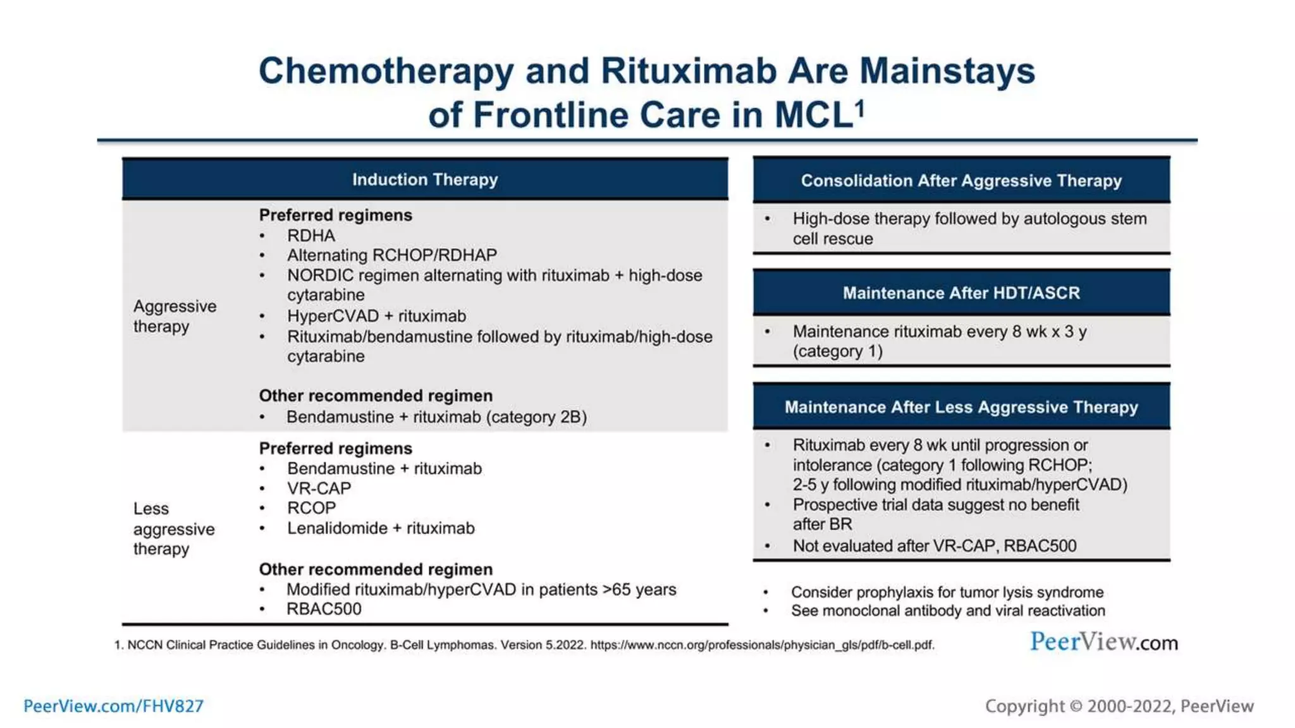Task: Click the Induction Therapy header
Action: click(425, 179)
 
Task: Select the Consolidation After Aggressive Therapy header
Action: click(961, 181)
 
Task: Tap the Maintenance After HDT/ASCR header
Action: click(961, 293)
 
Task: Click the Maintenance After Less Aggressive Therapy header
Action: click(961, 407)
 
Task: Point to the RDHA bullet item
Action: click(311, 236)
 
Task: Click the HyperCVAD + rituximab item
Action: click(376, 316)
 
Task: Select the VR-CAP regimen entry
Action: click(319, 488)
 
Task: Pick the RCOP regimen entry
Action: click(311, 508)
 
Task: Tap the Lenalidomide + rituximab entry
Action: click(381, 528)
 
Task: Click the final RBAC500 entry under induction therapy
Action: click(324, 609)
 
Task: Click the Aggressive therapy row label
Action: click(175, 316)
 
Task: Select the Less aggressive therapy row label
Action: click(173, 529)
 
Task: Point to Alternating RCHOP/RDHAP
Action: click(392, 255)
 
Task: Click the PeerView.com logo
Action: click(1104, 642)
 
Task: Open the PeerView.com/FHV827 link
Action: click(114, 706)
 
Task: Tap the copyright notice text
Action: click(1119, 706)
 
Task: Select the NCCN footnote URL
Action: click(761, 645)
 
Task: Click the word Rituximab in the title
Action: click(689, 71)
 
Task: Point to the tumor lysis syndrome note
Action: click(947, 592)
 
